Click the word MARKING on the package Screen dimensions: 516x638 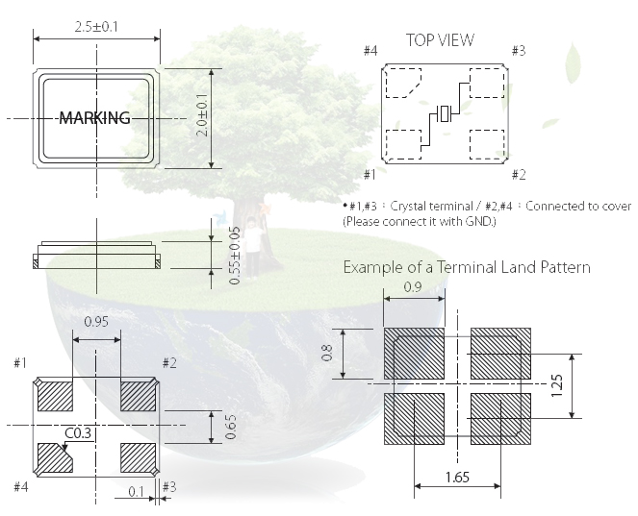tap(94, 118)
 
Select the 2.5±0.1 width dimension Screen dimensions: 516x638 tap(96, 27)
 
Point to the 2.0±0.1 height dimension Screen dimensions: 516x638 tap(202, 114)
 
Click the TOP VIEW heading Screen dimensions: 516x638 tap(440, 39)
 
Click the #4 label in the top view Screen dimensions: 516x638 tap(371, 50)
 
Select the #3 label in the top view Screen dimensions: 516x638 tap(518, 50)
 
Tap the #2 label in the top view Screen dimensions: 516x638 tap(518, 174)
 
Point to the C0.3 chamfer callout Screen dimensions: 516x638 tap(78, 434)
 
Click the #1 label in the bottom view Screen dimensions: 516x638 tap(19, 362)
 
